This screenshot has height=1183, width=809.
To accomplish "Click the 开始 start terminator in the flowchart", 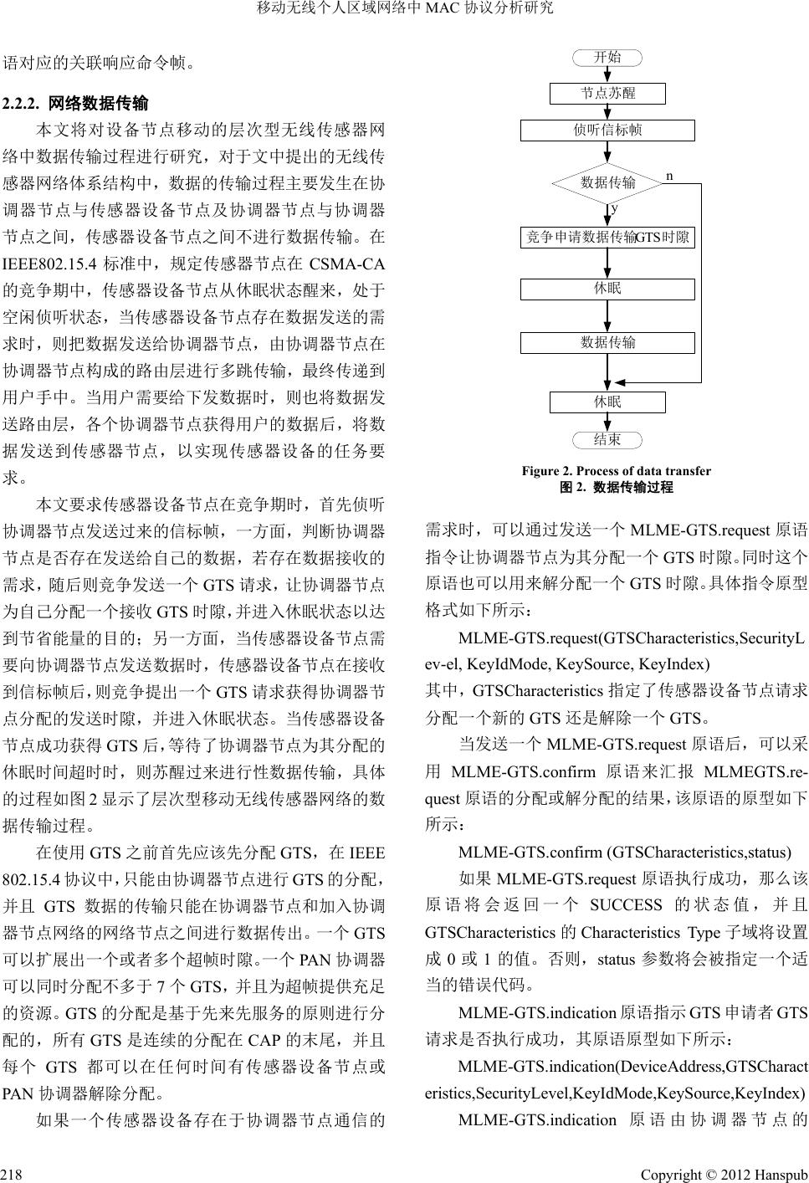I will click(607, 58).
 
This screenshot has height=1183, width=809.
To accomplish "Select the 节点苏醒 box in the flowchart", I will click(607, 93).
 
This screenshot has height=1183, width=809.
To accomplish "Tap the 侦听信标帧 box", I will click(607, 131).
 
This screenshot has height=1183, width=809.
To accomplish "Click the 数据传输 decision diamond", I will click(608, 182).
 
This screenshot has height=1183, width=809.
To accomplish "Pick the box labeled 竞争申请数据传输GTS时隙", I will click(607, 238).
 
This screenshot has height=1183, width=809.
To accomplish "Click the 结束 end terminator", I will click(607, 439).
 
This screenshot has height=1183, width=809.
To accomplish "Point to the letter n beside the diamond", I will click(669, 176).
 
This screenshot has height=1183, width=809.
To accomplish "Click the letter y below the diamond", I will click(614, 207).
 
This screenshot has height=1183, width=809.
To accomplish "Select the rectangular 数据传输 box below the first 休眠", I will click(607, 342).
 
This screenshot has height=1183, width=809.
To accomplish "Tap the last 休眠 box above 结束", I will click(607, 402).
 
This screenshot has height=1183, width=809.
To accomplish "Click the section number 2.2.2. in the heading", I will click(23, 104).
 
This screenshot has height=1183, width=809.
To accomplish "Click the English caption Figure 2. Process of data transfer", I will click(616, 471).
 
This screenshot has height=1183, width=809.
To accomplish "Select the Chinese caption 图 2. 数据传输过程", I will click(616, 487).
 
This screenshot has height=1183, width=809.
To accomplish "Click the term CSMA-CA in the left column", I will click(346, 265).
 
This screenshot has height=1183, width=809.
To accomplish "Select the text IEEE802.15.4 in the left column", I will click(49, 265).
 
